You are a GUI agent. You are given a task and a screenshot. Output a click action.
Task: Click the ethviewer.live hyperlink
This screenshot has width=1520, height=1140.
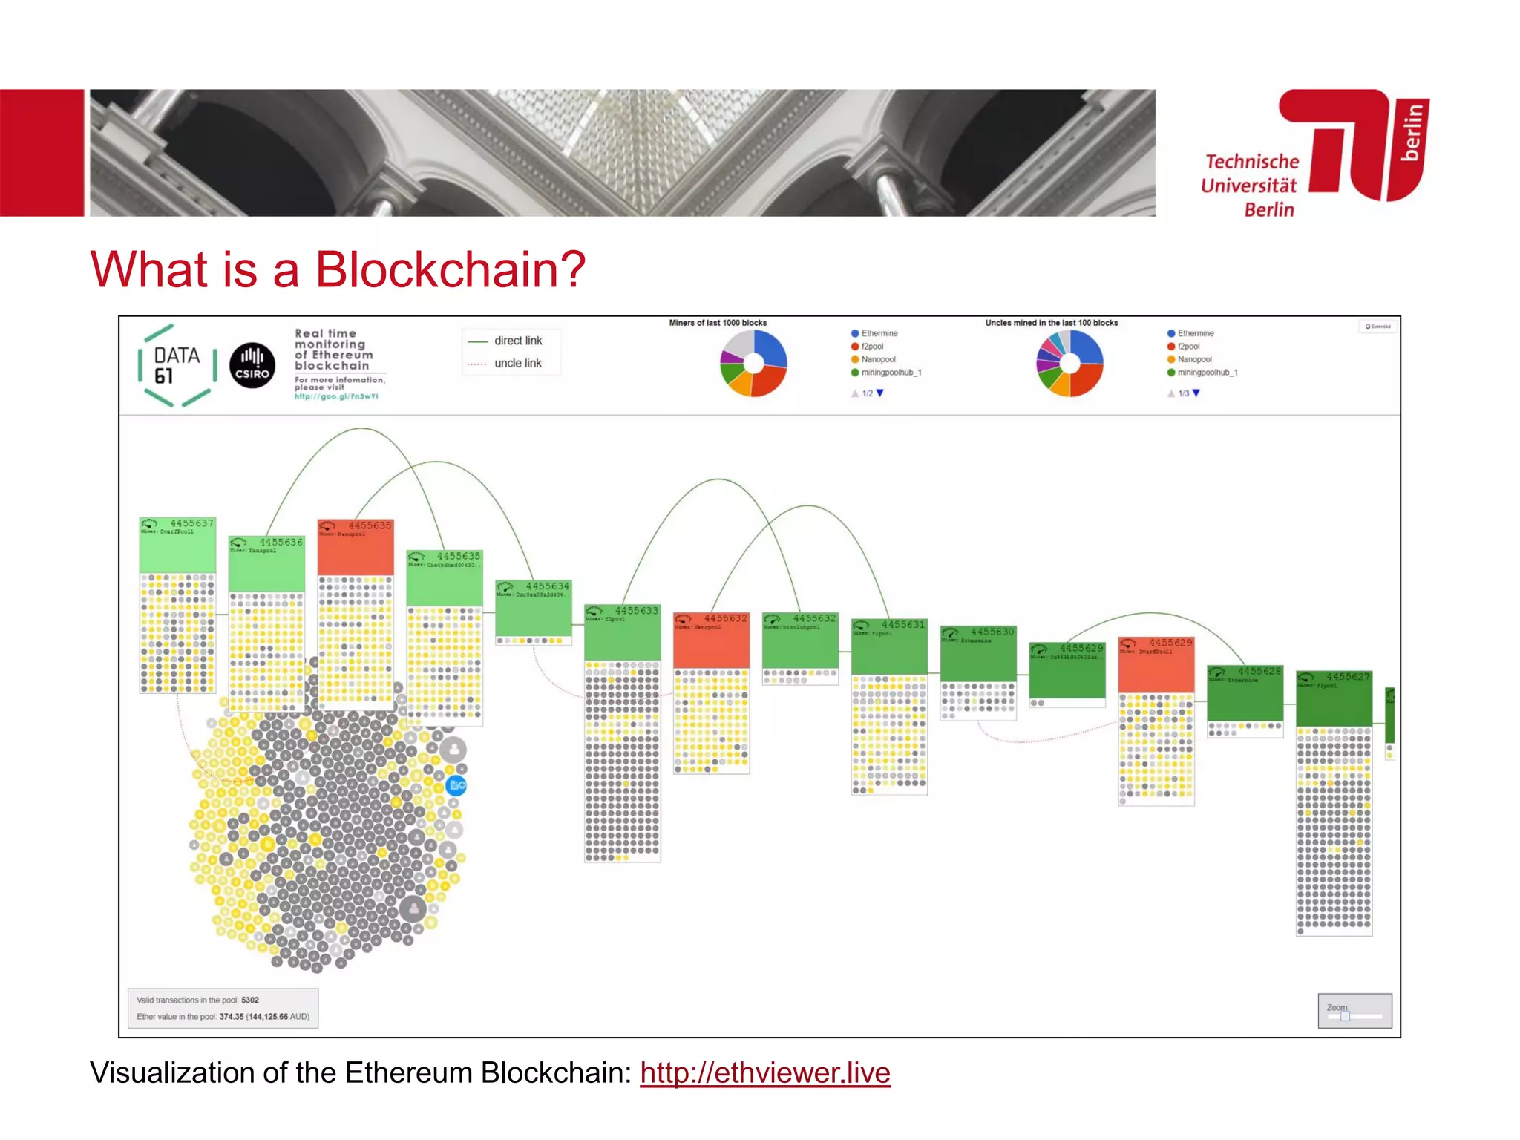click(764, 1073)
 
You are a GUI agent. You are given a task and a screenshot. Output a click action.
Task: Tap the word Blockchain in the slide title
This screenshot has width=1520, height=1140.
click(450, 269)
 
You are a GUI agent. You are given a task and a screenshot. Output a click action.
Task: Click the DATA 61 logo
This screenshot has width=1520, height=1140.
click(177, 365)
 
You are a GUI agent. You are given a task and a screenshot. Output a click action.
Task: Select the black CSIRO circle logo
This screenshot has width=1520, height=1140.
click(252, 365)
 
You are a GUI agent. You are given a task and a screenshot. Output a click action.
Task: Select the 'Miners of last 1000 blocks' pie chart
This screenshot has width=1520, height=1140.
click(753, 363)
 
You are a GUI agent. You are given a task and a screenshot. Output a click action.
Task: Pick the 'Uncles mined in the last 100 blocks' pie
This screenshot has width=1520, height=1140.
click(1069, 363)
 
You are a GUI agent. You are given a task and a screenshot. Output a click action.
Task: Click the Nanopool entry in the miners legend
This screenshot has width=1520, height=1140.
click(877, 359)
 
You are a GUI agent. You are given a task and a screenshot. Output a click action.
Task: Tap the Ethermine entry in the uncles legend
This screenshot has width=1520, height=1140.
click(1195, 333)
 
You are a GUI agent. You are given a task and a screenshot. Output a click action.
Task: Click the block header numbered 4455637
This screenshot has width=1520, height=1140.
click(178, 544)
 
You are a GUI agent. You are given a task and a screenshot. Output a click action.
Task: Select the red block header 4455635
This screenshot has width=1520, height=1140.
click(356, 547)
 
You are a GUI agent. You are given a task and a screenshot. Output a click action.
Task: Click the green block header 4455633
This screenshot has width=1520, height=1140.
click(622, 632)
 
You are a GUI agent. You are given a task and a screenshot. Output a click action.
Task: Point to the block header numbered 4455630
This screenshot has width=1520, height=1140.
click(978, 652)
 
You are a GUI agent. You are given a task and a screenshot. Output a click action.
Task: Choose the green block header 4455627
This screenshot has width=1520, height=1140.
click(1334, 698)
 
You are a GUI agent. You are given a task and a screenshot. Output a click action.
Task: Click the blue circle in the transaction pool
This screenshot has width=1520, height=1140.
click(456, 784)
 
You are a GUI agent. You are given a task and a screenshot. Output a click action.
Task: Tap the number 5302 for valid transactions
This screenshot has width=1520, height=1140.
click(250, 1000)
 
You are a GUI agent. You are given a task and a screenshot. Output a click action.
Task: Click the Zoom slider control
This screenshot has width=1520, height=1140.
click(1345, 1016)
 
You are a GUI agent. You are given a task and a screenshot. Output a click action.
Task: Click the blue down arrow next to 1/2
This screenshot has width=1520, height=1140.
click(880, 393)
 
